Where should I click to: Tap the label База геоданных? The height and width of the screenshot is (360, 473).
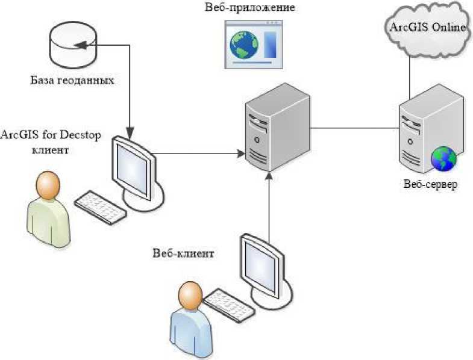[x=72, y=79]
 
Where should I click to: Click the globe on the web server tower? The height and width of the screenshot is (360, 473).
[x=443, y=159]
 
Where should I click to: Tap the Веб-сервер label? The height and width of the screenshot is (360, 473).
[x=430, y=184]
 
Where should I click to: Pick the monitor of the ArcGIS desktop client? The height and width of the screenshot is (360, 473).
[x=134, y=169]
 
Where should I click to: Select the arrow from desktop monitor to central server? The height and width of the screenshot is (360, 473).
[x=199, y=152]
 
